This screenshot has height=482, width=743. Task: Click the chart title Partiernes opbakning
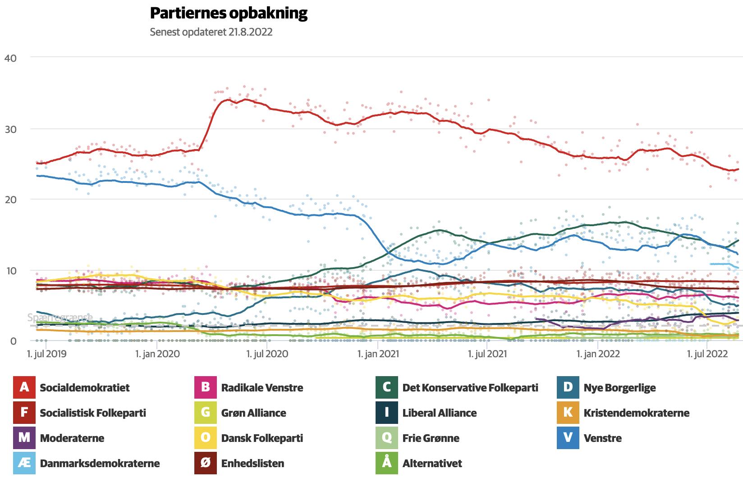click(229, 14)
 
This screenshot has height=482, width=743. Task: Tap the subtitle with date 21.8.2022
click(211, 32)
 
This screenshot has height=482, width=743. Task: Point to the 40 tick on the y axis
click(10, 58)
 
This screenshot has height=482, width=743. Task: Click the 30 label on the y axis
click(10, 129)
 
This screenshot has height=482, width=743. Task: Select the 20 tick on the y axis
click(10, 200)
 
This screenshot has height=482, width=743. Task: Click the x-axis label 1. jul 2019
click(47, 354)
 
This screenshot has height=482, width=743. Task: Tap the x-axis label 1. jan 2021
click(378, 354)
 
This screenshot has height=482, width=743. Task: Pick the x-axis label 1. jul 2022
click(707, 354)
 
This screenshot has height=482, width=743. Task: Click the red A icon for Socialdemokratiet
click(24, 387)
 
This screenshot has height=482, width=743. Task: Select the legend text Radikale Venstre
click(262, 388)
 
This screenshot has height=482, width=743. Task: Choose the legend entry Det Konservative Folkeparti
click(470, 388)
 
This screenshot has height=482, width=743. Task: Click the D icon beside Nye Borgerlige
click(568, 387)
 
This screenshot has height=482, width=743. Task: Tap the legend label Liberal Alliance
click(440, 413)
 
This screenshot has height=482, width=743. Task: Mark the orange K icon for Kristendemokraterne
click(568, 413)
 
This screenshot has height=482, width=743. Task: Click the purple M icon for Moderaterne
click(24, 438)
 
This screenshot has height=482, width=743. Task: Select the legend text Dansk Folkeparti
click(262, 438)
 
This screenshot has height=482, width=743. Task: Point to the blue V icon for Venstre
click(568, 438)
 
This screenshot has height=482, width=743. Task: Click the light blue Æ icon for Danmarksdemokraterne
click(24, 463)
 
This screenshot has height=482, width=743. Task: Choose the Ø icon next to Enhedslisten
click(206, 463)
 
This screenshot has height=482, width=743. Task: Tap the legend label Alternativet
click(432, 464)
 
